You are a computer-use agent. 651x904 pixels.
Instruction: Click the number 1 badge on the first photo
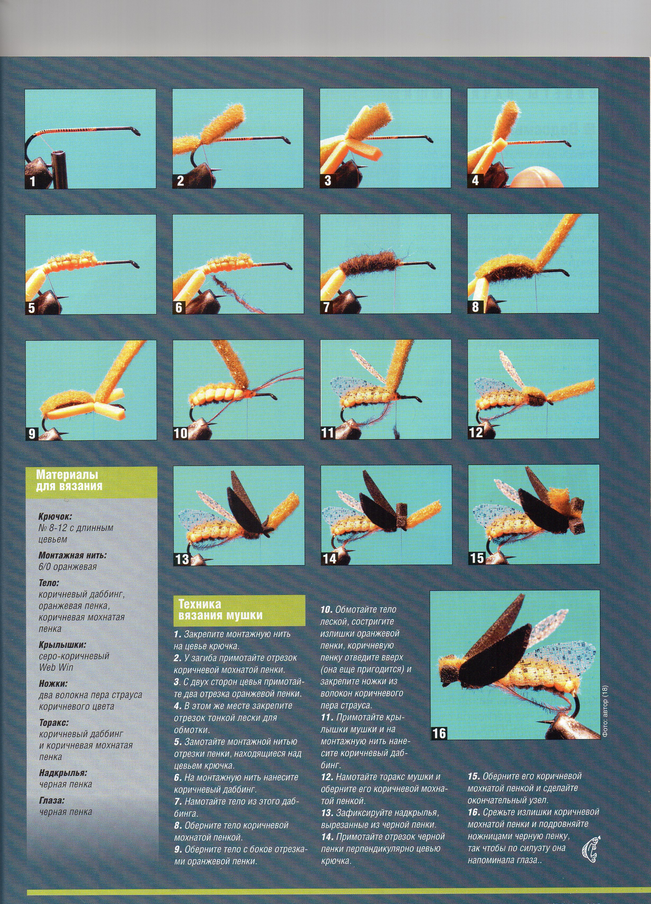32,182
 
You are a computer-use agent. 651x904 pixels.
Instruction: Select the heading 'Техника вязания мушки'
220,610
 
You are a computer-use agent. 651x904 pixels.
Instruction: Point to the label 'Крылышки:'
62,645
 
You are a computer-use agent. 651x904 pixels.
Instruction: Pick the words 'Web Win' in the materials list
56,667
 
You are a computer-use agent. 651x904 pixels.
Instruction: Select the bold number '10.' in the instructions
327,610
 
